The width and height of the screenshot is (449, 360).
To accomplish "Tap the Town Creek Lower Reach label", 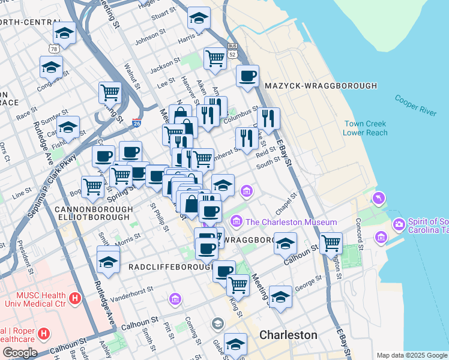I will pos(366,128).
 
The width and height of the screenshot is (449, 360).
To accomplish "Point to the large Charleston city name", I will pos(288,335).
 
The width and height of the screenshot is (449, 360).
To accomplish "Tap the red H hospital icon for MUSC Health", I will pos(74,298).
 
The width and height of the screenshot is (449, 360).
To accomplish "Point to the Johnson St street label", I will pos(149,39).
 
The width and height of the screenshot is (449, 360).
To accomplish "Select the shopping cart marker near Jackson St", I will pos(215,58).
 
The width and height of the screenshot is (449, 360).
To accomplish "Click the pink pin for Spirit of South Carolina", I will pos(399,225).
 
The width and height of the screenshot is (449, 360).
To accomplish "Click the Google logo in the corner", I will pos(20,353).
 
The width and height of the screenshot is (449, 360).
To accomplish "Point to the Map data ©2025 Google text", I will pos(411,355).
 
